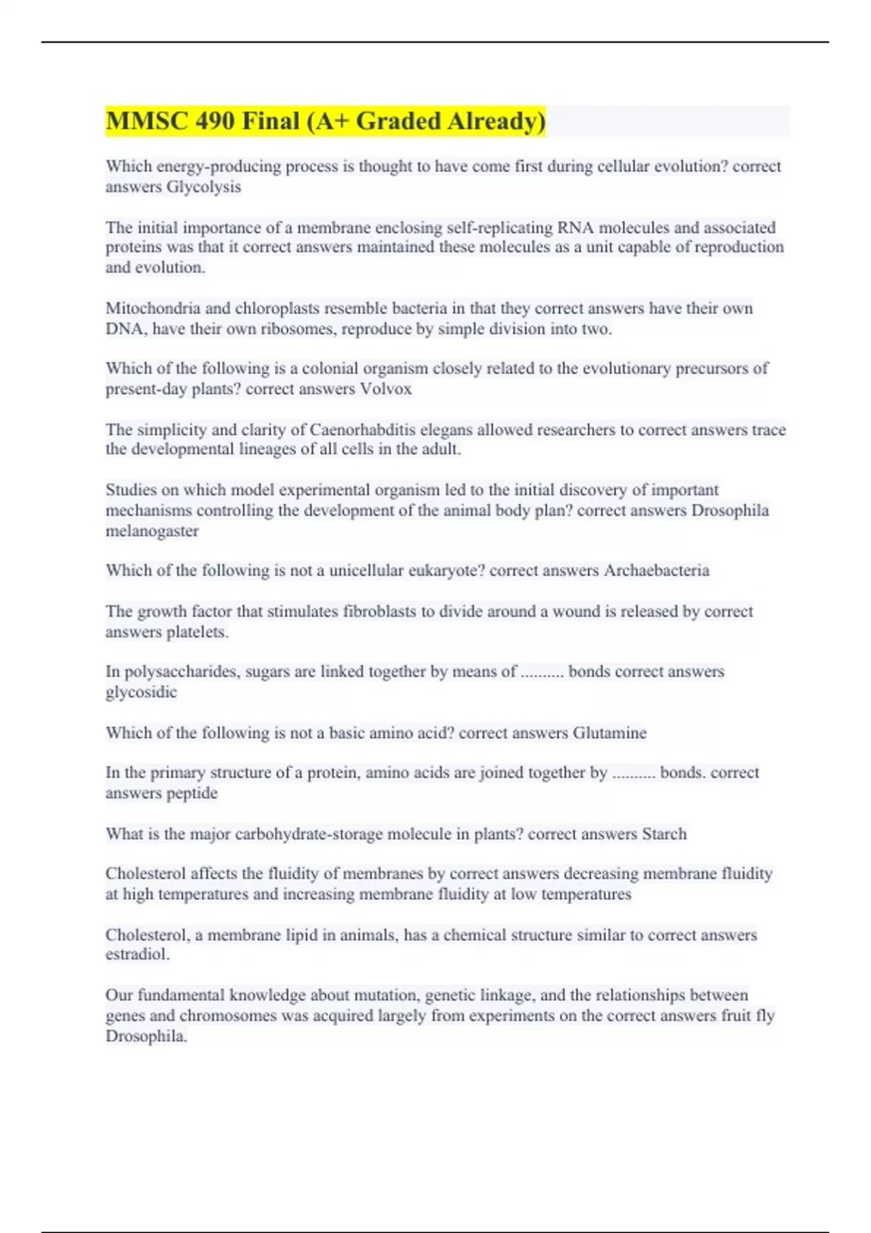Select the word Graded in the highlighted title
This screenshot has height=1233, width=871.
click(x=398, y=121)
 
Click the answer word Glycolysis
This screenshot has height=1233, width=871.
click(x=204, y=187)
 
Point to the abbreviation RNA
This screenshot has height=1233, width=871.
click(x=576, y=228)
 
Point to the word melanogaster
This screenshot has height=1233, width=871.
click(x=152, y=531)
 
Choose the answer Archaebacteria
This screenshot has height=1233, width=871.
click(x=656, y=571)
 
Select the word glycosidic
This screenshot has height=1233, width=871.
click(x=141, y=693)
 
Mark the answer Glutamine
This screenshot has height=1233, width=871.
click(x=610, y=733)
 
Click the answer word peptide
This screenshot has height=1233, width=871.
click(x=192, y=793)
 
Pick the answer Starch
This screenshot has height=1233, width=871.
click(x=664, y=834)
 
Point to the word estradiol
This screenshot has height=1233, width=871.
click(x=137, y=954)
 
